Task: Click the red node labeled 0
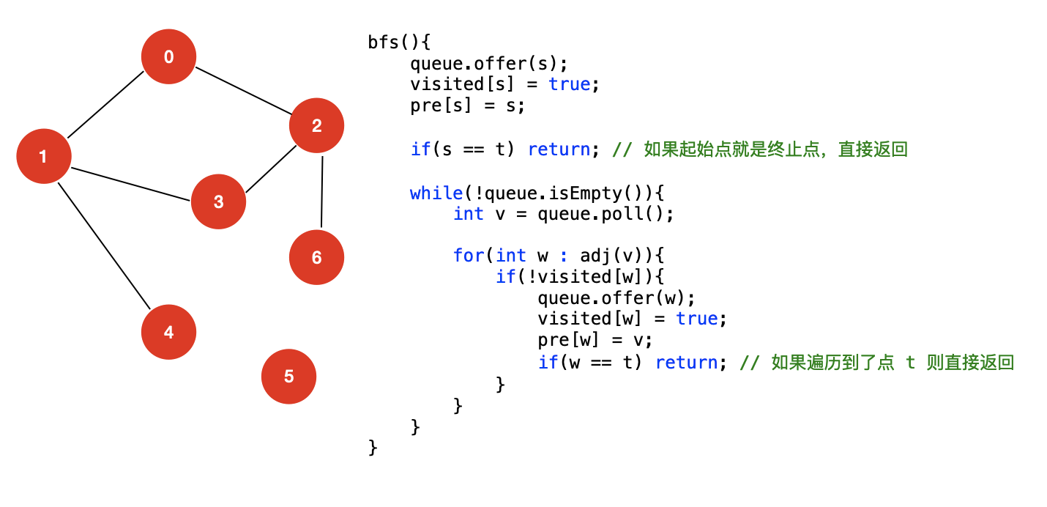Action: [168, 56]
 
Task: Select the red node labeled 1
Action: [43, 156]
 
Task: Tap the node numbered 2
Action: [316, 125]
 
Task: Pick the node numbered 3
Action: [218, 201]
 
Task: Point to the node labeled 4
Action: [168, 332]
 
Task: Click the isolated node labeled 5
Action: [288, 377]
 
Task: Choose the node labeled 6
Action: [316, 257]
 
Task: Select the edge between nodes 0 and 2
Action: [243, 91]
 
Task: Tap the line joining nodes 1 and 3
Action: [130, 183]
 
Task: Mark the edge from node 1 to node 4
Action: [104, 245]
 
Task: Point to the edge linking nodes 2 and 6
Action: [321, 190]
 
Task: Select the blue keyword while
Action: [436, 193]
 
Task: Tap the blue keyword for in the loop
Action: [468, 256]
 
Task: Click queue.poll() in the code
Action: [605, 214]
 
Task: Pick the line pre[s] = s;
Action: [467, 106]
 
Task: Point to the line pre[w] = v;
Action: [594, 341]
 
